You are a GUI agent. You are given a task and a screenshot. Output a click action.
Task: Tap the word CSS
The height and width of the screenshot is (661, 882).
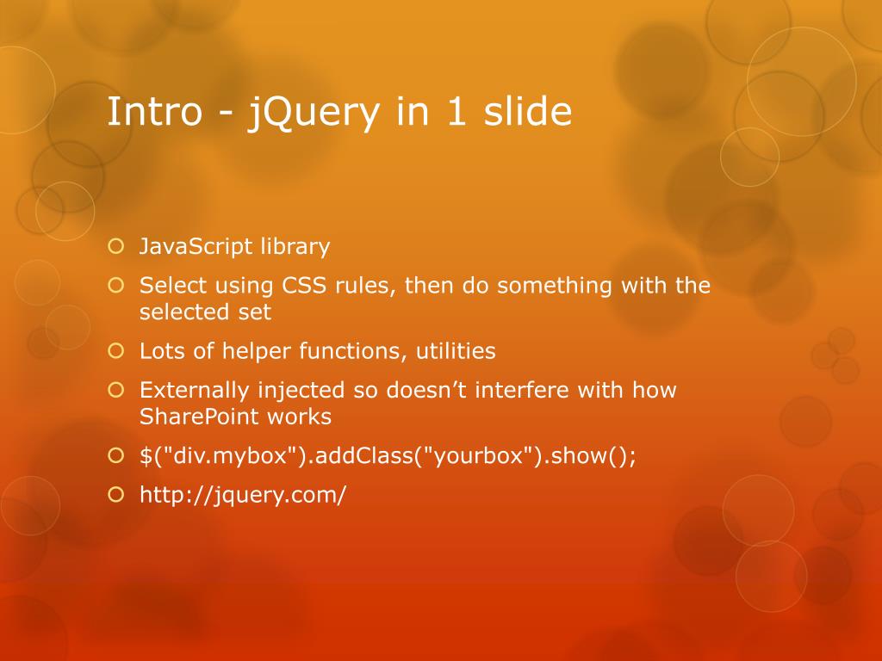(x=301, y=286)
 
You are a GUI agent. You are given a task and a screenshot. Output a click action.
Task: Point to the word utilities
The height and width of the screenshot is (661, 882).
(x=456, y=352)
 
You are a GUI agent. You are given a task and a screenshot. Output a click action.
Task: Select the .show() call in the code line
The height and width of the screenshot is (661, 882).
(x=591, y=456)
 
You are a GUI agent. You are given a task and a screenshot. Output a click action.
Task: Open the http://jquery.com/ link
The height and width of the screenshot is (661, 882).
(x=243, y=496)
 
